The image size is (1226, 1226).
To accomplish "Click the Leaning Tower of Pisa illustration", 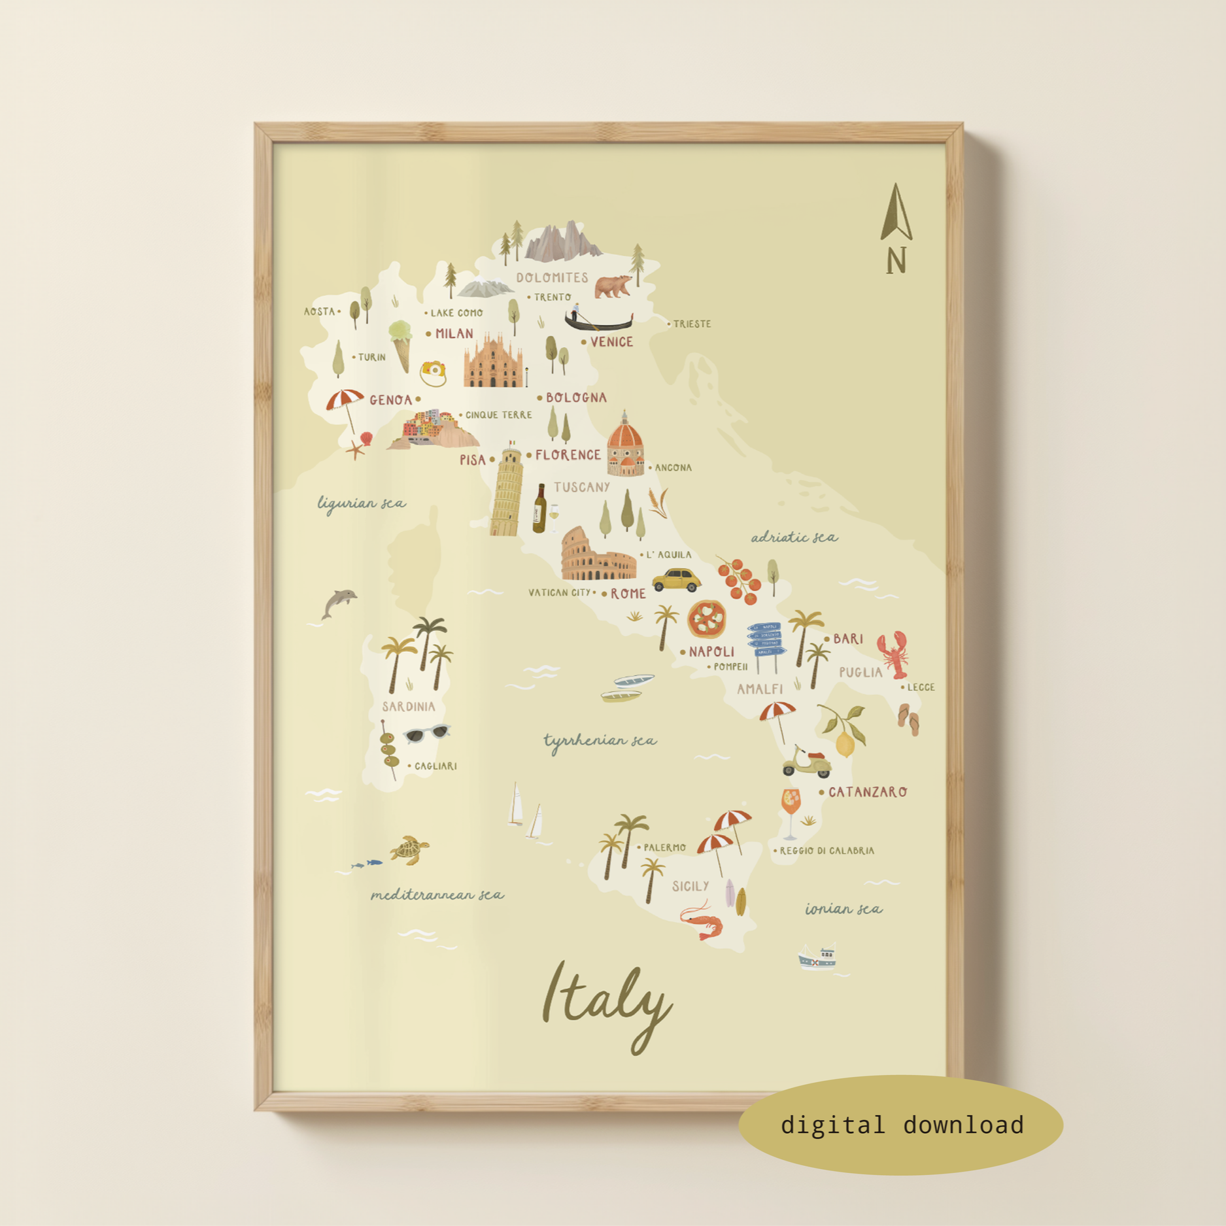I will point(506,492).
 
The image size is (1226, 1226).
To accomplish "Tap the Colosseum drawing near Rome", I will point(596,556).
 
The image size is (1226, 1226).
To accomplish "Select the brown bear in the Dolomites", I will point(613,286).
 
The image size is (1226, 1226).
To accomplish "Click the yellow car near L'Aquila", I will point(676,579).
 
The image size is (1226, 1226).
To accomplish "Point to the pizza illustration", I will point(706,619).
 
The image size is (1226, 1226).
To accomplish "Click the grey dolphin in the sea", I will point(339,602).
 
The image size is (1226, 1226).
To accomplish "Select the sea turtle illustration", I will point(409,849).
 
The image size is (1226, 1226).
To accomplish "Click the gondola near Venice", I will point(598,320).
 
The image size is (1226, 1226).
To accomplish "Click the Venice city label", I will point(611,342).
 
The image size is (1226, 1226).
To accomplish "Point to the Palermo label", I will point(664,847).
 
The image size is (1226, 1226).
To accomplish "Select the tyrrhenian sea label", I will point(600,741).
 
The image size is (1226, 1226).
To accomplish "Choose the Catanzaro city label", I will point(867,792).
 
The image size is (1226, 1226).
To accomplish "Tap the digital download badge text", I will point(902,1125).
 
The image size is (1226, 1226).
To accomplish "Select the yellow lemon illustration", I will point(845,744).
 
